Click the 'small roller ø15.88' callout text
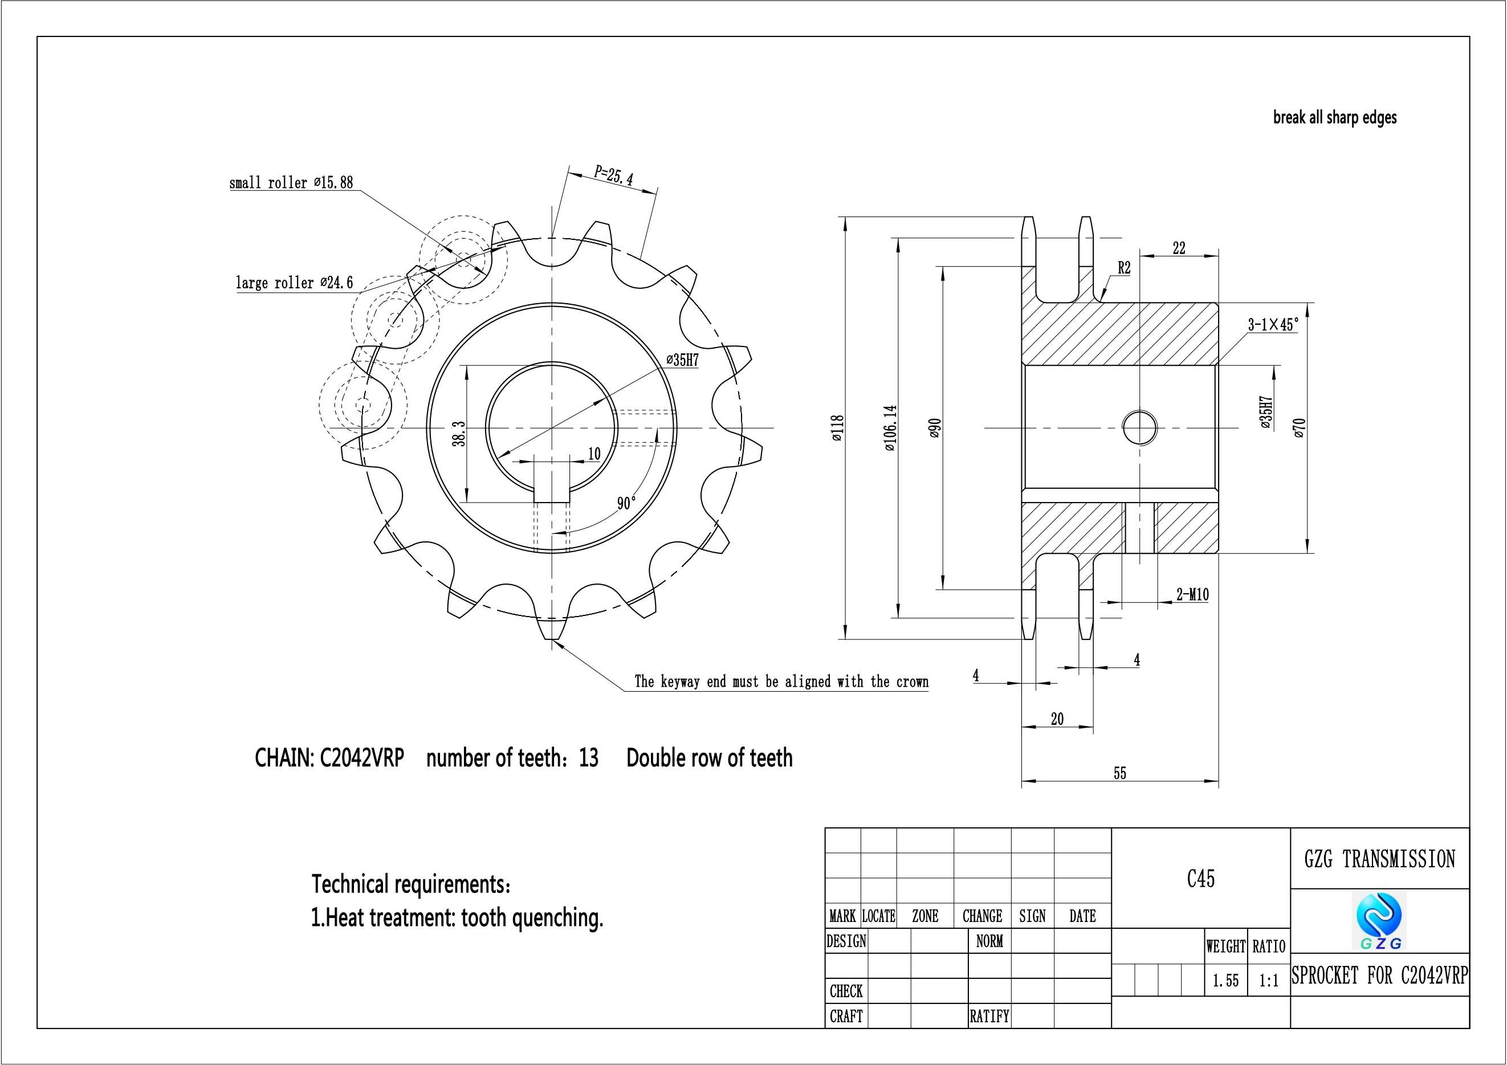pos(291,182)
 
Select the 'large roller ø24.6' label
pos(294,283)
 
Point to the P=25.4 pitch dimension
pos(614,175)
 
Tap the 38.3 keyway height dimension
pos(459,434)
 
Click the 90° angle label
pos(626,503)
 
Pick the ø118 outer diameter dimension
pos(837,427)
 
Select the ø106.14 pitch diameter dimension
pos(890,428)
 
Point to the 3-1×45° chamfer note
pos(1273,324)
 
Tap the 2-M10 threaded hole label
pos(1192,594)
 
